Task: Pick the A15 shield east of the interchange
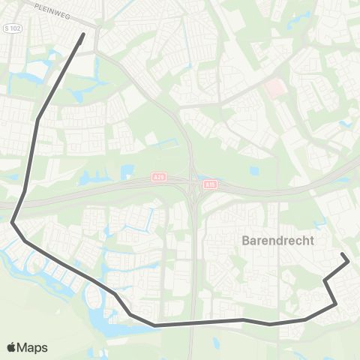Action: coord(211,184)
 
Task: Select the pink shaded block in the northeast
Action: coord(275,88)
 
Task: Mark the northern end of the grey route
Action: coord(82,34)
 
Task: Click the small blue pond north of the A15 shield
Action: coord(253,171)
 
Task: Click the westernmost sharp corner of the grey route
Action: coord(12,222)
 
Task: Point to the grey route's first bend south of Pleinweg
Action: coord(37,119)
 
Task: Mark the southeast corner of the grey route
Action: coord(335,304)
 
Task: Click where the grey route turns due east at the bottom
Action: coord(155,325)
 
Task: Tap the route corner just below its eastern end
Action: coord(325,280)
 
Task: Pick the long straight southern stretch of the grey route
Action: coord(199,322)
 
